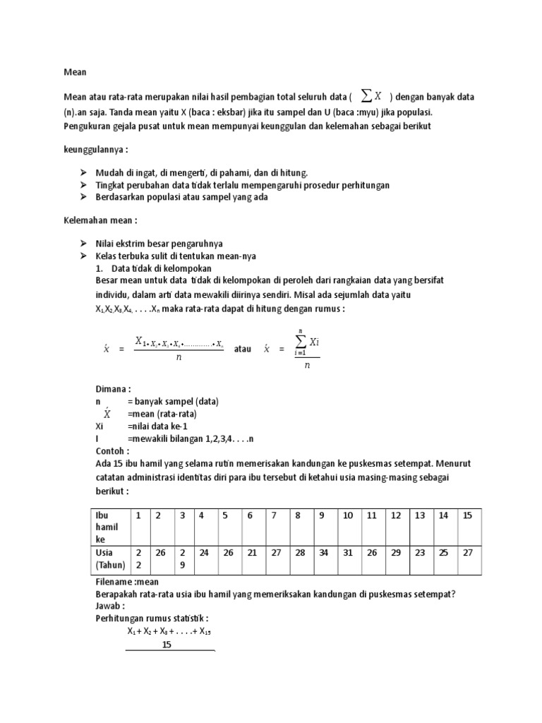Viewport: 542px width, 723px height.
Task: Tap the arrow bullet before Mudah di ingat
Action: [x=83, y=172]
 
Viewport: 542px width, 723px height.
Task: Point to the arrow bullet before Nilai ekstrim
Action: [x=83, y=243]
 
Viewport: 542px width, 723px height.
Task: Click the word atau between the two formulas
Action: [x=242, y=349]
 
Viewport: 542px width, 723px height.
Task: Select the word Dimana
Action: [x=113, y=389]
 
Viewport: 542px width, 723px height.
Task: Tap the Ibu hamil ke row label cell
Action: [x=108, y=527]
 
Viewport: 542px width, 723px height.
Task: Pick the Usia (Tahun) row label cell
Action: [x=109, y=558]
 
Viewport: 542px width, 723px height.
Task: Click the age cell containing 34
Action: [x=324, y=552]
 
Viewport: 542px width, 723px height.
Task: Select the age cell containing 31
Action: [x=348, y=552]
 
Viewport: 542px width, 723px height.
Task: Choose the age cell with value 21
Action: [x=251, y=552]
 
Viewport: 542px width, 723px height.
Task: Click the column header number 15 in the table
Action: [x=466, y=515]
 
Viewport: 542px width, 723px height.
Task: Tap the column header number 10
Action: [x=348, y=515]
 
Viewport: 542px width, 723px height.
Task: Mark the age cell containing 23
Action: [x=420, y=552]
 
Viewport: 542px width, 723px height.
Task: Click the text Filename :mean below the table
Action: [x=127, y=582]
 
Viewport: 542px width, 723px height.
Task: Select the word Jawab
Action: [x=110, y=606]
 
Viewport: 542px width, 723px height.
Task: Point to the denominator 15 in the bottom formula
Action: [x=167, y=645]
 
